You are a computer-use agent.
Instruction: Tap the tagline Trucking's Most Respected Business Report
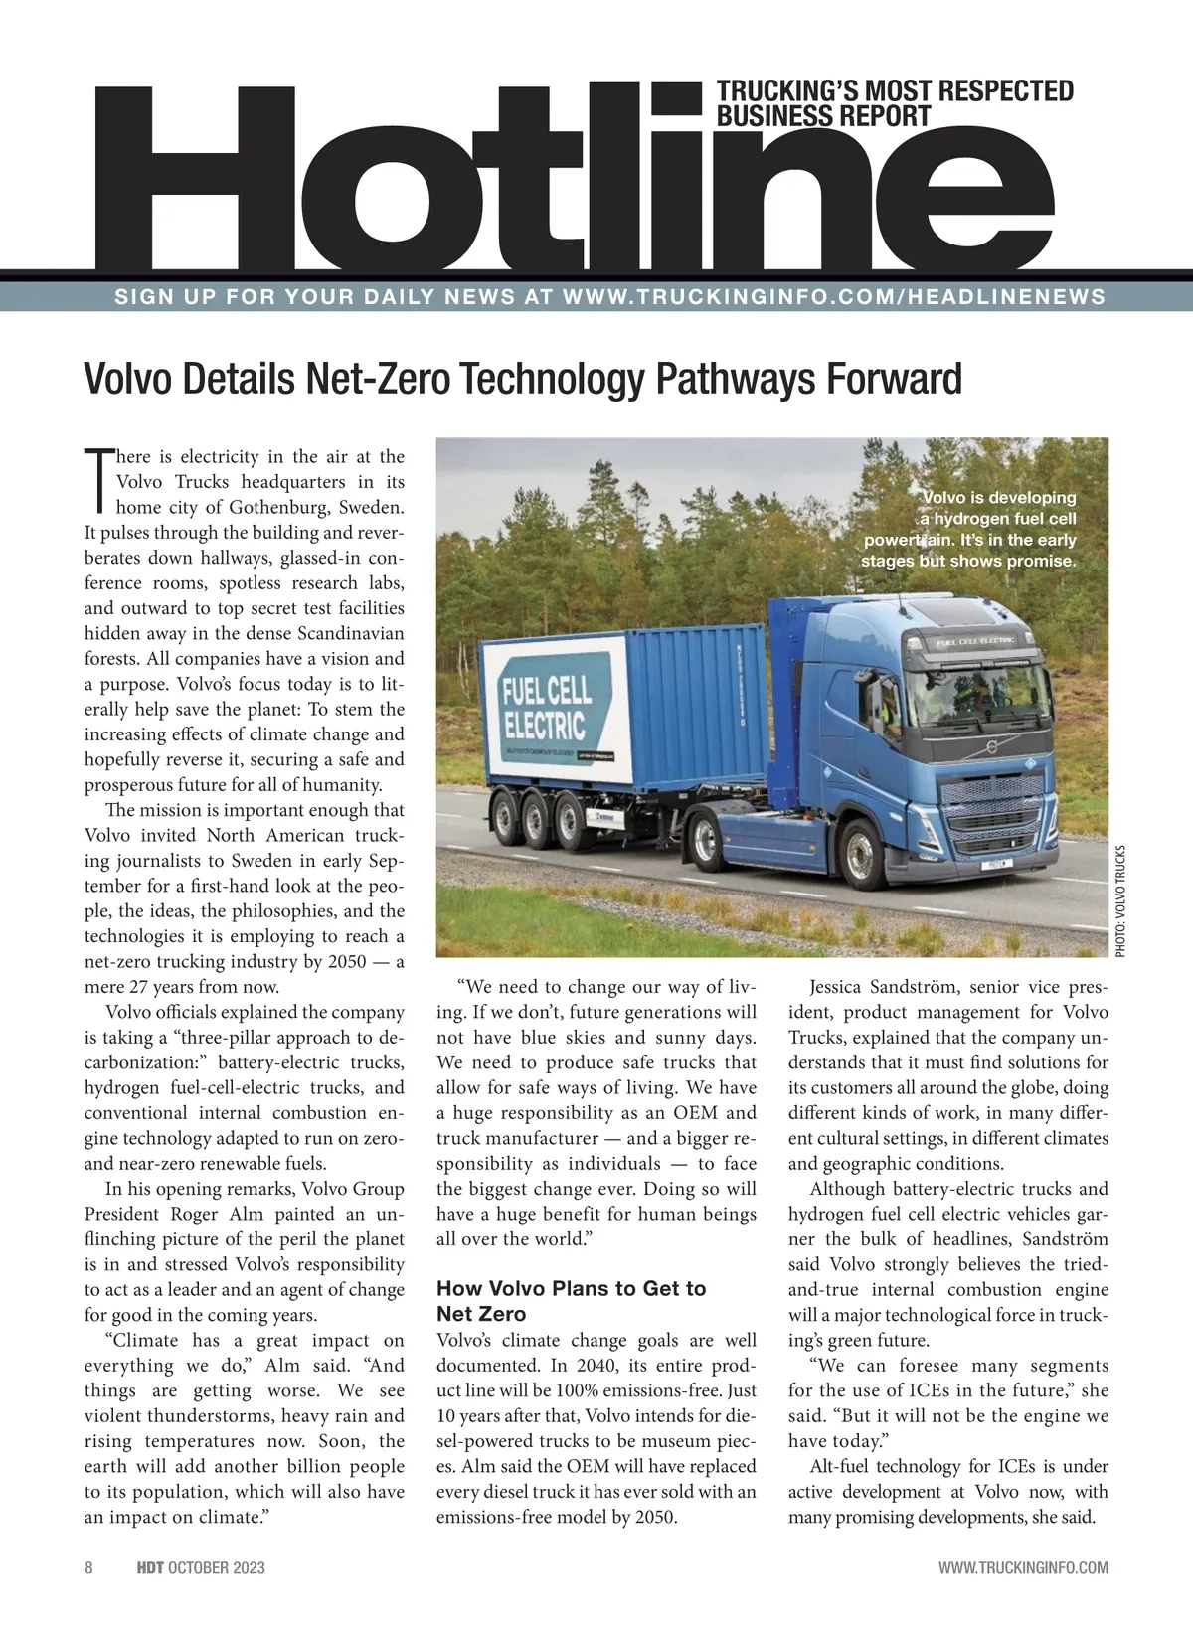click(895, 103)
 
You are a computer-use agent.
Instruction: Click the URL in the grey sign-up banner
click(834, 297)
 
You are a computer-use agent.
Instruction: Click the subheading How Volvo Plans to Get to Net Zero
click(571, 1301)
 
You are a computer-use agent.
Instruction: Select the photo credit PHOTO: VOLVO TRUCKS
click(1120, 900)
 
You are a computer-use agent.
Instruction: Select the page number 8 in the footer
click(88, 1568)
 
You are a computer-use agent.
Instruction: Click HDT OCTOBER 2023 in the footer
click(200, 1568)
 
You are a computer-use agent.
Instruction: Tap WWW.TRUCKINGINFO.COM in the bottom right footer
click(1023, 1568)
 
